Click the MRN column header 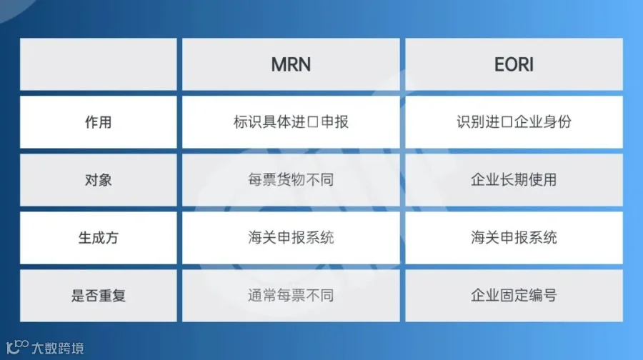291,64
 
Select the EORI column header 514,64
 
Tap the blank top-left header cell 99,64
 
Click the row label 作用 99,122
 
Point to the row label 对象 99,180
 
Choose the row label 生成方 99,238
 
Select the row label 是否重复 99,296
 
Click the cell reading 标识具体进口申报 291,122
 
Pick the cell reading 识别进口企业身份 514,122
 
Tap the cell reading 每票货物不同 291,180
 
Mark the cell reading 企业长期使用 514,180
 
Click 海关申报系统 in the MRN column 291,238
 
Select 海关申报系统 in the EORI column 514,238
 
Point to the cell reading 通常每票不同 291,296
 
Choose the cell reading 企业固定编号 514,296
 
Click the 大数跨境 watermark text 58,349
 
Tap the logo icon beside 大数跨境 17,347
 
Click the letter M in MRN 279,64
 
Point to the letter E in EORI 499,64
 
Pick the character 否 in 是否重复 91,296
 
